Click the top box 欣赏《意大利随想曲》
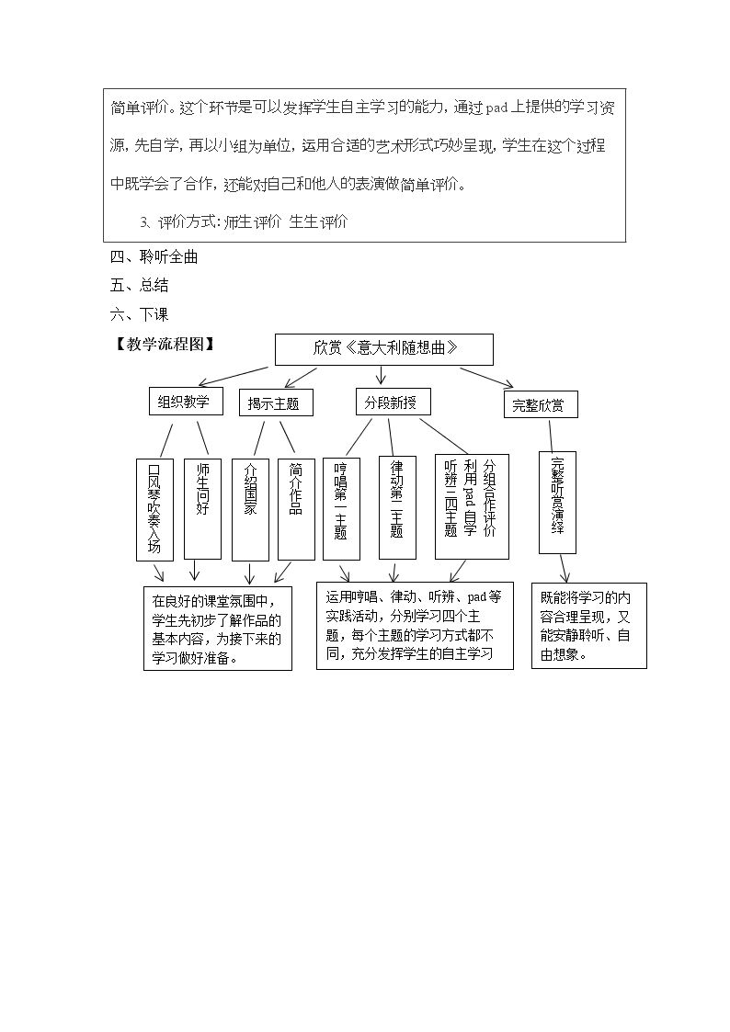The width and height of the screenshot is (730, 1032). click(383, 349)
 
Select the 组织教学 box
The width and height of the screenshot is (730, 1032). click(186, 401)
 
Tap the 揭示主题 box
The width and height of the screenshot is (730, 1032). click(276, 403)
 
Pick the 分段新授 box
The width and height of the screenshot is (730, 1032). click(393, 402)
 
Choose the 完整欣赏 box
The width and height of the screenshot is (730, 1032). click(541, 404)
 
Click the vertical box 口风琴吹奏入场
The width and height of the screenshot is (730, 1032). click(154, 509)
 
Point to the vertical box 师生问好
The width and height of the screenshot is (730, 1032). click(202, 508)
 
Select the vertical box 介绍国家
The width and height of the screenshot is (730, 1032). click(250, 509)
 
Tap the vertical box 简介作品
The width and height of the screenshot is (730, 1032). click(296, 509)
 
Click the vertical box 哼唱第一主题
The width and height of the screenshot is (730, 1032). click(341, 508)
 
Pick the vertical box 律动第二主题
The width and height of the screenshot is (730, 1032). click(397, 507)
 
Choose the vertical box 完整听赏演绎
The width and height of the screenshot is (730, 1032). click(557, 502)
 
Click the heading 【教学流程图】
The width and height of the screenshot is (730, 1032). click(165, 345)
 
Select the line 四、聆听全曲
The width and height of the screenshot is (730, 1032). click(154, 256)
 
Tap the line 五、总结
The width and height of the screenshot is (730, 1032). click(140, 285)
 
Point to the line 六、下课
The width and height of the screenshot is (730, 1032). click(140, 314)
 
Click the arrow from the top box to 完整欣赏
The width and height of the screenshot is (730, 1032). click(486, 377)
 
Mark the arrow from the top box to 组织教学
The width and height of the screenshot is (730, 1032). click(236, 375)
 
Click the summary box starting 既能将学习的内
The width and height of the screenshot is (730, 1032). click(589, 626)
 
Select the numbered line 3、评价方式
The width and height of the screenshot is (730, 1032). click(244, 221)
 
